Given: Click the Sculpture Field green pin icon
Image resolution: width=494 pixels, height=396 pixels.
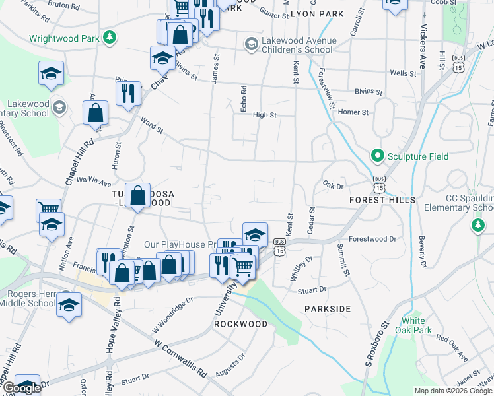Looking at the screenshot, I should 378,156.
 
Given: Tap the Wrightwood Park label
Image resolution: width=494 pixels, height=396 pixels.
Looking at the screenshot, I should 64,38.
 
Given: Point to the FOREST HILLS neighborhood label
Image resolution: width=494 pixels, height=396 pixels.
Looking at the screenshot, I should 382,199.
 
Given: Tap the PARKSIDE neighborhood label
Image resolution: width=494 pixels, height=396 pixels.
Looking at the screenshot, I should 327,308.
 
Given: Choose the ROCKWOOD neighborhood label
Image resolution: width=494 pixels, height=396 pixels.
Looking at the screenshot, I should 240,324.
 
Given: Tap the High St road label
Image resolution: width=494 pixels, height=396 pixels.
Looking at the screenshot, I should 264,115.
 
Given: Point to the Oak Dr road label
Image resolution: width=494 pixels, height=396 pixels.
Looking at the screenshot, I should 334,185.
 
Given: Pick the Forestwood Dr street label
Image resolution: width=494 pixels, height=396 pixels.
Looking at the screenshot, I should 372,239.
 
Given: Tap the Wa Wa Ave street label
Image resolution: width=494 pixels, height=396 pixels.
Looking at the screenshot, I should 94,179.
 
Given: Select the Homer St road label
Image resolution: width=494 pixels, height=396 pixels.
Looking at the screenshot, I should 353,112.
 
